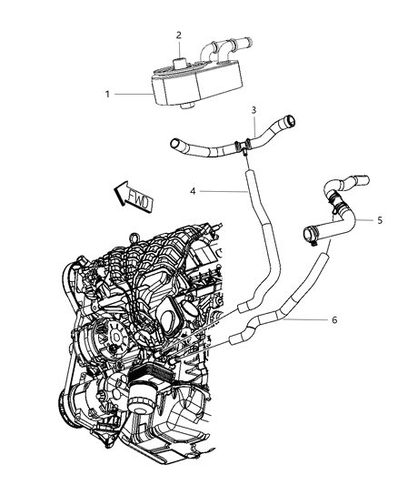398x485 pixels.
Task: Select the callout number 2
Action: (180, 35)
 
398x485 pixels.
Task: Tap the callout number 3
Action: (254, 110)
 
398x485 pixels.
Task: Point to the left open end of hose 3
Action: (174, 142)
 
